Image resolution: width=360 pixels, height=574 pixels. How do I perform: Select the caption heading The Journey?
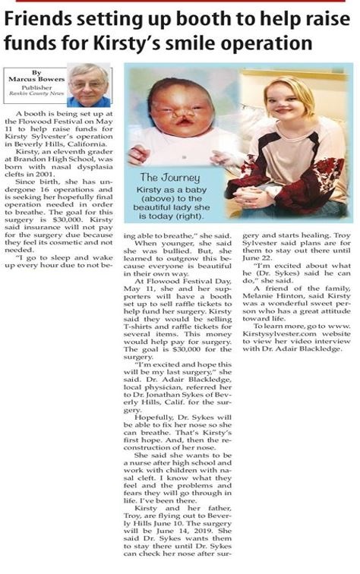click(x=169, y=178)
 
